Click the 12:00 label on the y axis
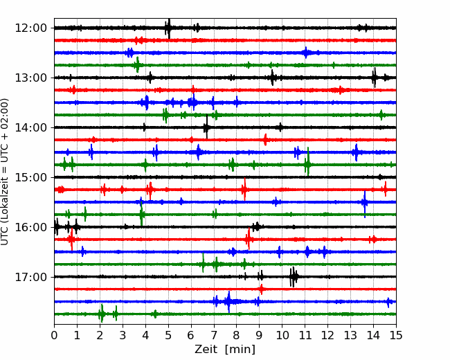(30, 28)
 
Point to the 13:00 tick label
(30, 78)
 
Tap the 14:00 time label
(30, 127)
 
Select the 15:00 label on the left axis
(30, 177)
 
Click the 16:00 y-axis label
(30, 227)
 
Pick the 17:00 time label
(30, 277)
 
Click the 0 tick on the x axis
(54, 335)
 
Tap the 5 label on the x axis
(168, 335)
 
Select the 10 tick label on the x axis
(282, 335)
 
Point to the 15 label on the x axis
(396, 335)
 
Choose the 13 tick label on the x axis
(350, 335)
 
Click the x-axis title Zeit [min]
(225, 350)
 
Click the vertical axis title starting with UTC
(5, 172)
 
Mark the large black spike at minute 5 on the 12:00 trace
(169, 28)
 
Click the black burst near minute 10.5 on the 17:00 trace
(294, 277)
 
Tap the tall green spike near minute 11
(307, 163)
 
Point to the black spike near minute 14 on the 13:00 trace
(374, 78)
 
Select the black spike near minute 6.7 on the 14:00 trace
(206, 127)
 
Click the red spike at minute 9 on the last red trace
(261, 289)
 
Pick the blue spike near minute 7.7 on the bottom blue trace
(228, 301)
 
